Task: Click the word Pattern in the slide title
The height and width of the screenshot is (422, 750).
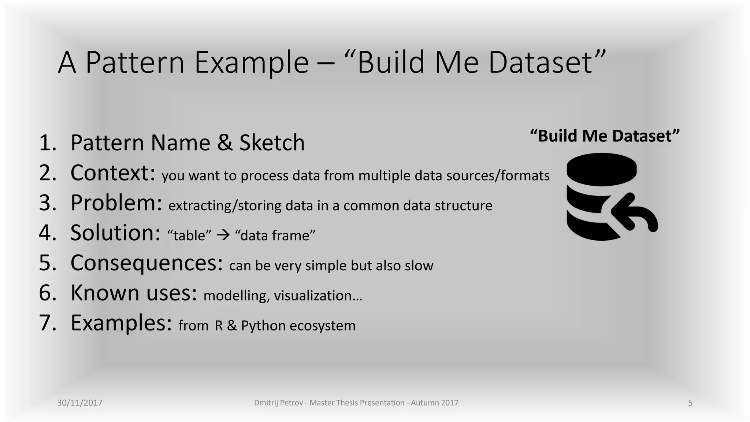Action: pos(135,63)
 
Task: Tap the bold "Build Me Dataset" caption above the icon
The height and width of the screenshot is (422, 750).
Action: pos(605,136)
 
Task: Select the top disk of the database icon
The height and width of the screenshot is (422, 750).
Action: pos(601,169)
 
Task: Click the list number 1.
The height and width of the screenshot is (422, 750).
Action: pos(48,143)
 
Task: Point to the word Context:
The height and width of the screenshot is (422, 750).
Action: pos(113,173)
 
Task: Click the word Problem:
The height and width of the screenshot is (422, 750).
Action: pos(116,203)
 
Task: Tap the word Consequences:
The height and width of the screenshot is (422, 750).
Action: pos(146,263)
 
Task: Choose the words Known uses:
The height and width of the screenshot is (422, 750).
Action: pos(134,293)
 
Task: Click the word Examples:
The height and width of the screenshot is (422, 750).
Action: pos(121,323)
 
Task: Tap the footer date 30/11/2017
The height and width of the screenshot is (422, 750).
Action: pos(80,403)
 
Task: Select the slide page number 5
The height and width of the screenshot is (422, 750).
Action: pos(690,403)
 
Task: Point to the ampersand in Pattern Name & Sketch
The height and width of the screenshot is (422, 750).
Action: pos(225,143)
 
